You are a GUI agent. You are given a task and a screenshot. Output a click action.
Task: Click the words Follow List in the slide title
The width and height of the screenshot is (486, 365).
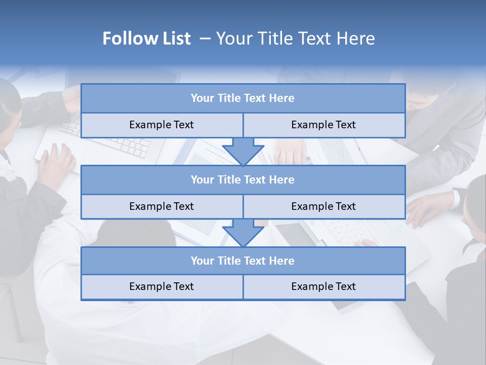pos(146,39)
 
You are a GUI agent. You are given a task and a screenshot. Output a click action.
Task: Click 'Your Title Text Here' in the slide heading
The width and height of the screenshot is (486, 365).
pos(295,39)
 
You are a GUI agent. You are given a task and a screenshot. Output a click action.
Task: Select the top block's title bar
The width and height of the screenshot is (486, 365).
pos(243,98)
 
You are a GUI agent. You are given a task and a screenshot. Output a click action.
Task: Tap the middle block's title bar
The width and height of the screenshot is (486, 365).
pos(243,180)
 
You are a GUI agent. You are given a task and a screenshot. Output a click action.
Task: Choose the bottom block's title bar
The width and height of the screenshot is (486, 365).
pos(243,261)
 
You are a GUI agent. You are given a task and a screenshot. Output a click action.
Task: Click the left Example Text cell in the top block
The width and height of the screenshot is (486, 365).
pos(161,125)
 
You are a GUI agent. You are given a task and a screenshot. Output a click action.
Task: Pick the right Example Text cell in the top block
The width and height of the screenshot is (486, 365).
pos(323,125)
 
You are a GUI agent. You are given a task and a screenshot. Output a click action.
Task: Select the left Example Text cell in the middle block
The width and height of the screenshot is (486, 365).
pos(161,207)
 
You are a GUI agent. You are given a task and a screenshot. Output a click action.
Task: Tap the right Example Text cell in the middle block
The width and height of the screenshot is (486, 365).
pos(323,207)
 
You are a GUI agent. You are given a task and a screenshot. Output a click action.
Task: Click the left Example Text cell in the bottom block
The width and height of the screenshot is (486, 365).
pos(161,287)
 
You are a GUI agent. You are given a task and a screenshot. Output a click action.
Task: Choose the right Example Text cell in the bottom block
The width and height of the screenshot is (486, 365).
pos(323,287)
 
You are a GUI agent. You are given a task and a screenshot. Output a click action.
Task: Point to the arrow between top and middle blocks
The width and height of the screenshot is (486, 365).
pos(243,152)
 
